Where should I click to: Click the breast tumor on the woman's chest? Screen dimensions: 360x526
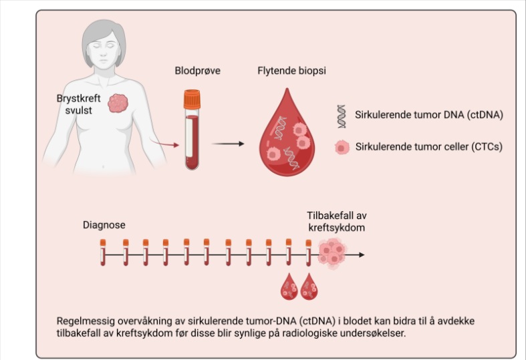coord(118,102)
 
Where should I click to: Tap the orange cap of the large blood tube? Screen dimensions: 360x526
coord(192,100)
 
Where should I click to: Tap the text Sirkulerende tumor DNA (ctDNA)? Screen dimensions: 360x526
coord(430,115)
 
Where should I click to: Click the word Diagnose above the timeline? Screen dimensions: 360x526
coord(104,225)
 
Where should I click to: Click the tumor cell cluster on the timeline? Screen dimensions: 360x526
coord(332,254)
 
